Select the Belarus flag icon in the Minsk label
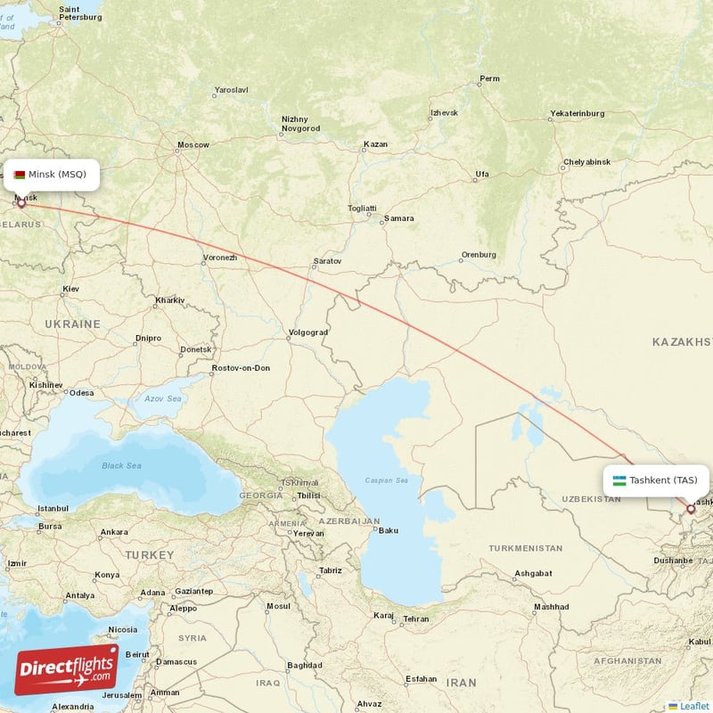(x=20, y=175)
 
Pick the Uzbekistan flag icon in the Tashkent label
(x=619, y=480)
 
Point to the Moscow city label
(x=193, y=144)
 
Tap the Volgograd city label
(x=308, y=332)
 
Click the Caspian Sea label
(x=386, y=480)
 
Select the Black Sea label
(x=121, y=465)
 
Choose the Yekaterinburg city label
(x=578, y=113)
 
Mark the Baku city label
(x=389, y=530)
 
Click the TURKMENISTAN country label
(x=525, y=548)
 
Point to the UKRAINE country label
(x=72, y=324)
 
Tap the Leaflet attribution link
(x=693, y=706)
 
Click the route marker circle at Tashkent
(x=690, y=509)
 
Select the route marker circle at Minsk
(x=21, y=203)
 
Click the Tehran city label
(x=415, y=619)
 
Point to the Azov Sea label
(x=163, y=398)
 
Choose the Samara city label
(x=398, y=217)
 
